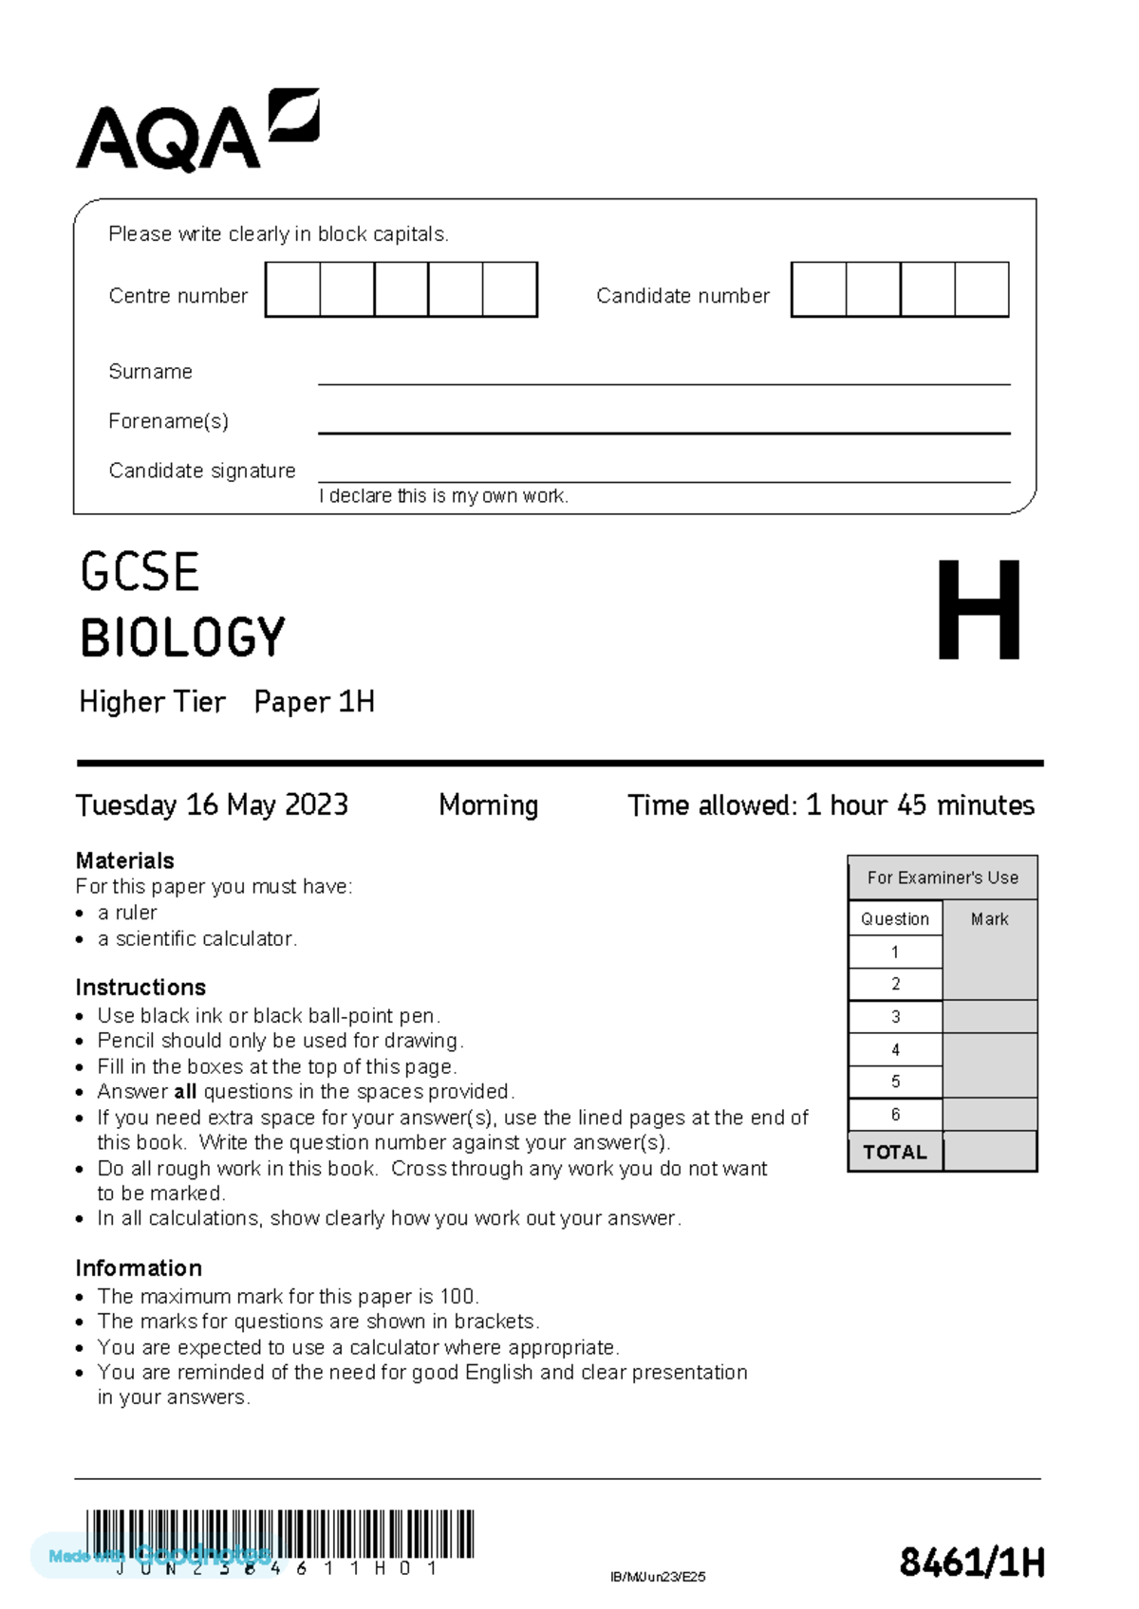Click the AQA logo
pyautogui.click(x=196, y=131)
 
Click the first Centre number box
pyautogui.click(x=292, y=290)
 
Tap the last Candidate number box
pyautogui.click(x=981, y=290)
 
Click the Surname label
pyautogui.click(x=150, y=372)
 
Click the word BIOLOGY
pyautogui.click(x=182, y=638)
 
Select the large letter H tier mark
pyautogui.click(x=979, y=610)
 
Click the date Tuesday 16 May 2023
pyautogui.click(x=212, y=805)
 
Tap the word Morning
pyautogui.click(x=488, y=805)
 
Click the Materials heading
pyautogui.click(x=124, y=860)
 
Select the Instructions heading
pyautogui.click(x=140, y=987)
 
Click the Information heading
pyautogui.click(x=139, y=1268)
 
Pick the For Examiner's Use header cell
pyautogui.click(x=942, y=878)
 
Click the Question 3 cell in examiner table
pyautogui.click(x=895, y=1017)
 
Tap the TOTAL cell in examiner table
pyautogui.click(x=894, y=1152)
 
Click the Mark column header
pyautogui.click(x=989, y=918)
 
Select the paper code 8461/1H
pyautogui.click(x=972, y=1562)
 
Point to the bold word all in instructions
pyautogui.click(x=185, y=1091)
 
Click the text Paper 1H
pyautogui.click(x=314, y=702)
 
